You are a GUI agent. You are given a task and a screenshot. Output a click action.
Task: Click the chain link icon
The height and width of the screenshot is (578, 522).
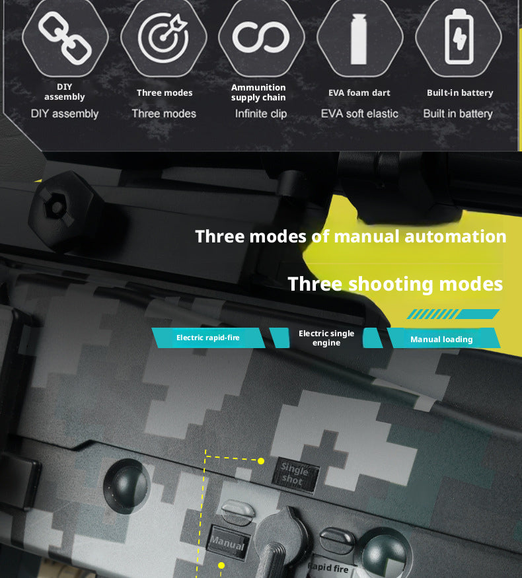(65, 38)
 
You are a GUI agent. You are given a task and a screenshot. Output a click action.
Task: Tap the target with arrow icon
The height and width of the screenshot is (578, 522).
(163, 37)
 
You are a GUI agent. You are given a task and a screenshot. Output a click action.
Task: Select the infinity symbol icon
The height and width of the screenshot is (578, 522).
(261, 37)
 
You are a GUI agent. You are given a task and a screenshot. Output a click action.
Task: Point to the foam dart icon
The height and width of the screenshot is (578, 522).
(359, 39)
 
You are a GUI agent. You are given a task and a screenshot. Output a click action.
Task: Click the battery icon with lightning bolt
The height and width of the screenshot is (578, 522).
(459, 36)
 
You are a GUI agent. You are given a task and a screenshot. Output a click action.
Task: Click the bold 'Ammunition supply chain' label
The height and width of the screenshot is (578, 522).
(258, 92)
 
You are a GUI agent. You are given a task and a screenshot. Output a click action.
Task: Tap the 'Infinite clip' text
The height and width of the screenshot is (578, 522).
(261, 114)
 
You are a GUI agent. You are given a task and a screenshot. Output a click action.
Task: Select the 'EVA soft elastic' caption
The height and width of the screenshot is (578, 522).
(359, 114)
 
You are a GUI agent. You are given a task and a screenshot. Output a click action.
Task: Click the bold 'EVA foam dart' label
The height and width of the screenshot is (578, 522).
(359, 93)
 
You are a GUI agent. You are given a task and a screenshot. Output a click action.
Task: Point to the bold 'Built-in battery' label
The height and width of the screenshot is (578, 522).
(460, 93)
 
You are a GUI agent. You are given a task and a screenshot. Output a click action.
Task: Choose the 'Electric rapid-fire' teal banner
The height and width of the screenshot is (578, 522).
(208, 338)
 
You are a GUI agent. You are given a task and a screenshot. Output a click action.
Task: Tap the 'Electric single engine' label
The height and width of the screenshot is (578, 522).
(326, 338)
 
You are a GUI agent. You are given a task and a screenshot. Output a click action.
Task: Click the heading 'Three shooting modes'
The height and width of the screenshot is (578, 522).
(395, 284)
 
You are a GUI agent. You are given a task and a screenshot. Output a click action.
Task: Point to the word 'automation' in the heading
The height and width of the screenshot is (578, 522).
(455, 236)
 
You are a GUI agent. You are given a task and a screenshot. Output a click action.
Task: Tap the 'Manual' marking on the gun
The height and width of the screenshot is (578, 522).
(227, 543)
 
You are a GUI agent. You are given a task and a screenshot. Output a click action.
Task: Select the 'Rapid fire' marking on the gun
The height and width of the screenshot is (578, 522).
(328, 567)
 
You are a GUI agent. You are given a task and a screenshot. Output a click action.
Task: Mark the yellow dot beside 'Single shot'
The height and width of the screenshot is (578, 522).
(261, 461)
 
